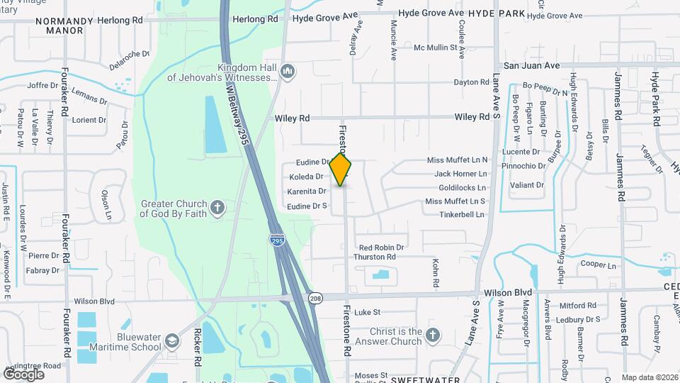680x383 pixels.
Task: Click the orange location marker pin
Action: (x=341, y=168)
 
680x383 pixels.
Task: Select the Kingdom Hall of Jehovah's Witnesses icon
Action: (x=288, y=71)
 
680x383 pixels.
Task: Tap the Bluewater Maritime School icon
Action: (x=171, y=342)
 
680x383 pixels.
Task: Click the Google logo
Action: (x=23, y=374)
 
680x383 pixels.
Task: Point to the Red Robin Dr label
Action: (x=382, y=247)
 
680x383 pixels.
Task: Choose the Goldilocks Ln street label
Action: (x=463, y=188)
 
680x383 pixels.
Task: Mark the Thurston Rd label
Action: (x=374, y=257)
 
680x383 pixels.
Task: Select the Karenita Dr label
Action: (x=307, y=191)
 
